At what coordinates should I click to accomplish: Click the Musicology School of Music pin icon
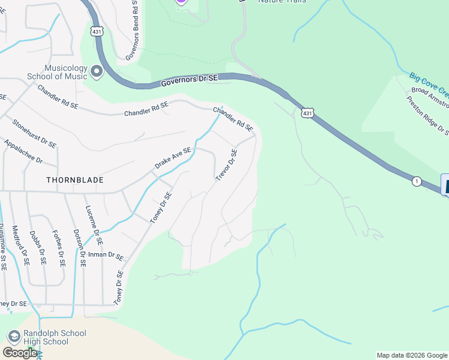(97, 73)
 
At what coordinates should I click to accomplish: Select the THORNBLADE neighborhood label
(75, 180)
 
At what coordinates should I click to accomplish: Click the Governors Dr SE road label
(189, 82)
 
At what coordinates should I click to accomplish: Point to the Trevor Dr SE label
(226, 166)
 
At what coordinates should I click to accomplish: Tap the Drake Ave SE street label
(173, 158)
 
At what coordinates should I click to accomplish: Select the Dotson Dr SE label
(77, 249)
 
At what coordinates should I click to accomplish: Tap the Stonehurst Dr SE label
(34, 133)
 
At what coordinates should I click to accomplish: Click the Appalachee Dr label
(23, 152)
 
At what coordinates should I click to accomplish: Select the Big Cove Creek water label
(429, 85)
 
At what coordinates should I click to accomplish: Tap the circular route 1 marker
(416, 181)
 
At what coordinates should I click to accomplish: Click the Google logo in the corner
(20, 353)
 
